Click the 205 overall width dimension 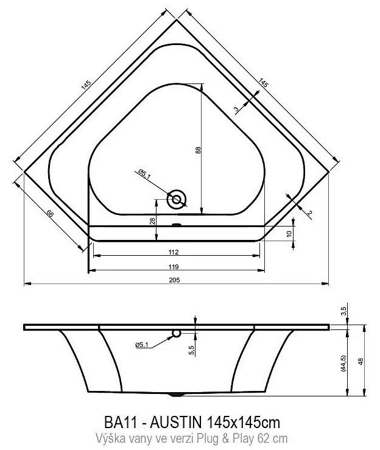click(174, 280)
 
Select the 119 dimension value click(174, 267)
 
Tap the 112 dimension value click(174, 252)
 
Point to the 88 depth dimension click(199, 150)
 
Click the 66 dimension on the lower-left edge click(50, 214)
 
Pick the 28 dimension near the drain click(153, 221)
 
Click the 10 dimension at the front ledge click(289, 234)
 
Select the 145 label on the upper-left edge click(86, 85)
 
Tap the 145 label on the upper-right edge click(263, 83)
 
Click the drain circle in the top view click(177, 199)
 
